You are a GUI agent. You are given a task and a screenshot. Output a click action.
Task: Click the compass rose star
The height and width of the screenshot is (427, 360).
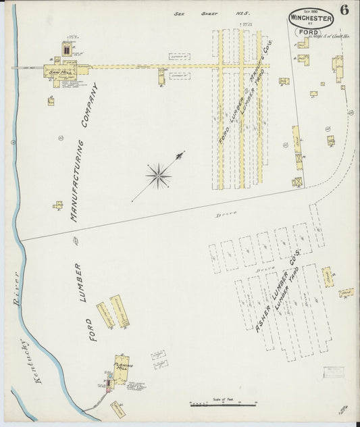(x=158, y=177)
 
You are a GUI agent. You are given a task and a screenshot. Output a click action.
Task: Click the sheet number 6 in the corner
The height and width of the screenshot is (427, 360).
(x=344, y=10)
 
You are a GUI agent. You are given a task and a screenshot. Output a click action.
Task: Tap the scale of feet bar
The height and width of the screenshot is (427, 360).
(x=223, y=404)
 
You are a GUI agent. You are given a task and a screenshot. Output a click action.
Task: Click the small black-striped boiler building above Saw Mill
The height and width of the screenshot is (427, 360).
(x=66, y=49)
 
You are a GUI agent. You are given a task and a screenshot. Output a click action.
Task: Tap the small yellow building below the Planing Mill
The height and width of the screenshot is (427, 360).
(x=118, y=408)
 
